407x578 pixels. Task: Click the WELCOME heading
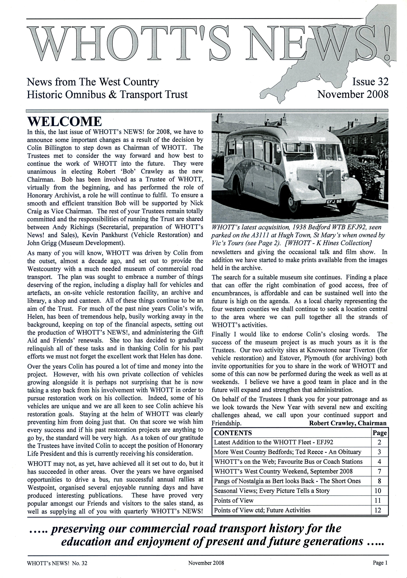[x=65, y=122]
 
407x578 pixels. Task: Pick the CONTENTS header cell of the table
[x=233, y=433]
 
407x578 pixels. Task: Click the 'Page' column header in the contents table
[x=380, y=433]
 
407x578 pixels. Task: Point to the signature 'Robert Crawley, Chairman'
[x=348, y=423]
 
